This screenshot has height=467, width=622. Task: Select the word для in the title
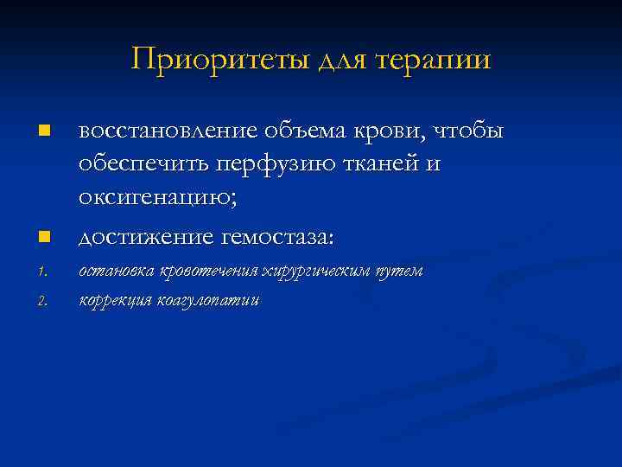346,60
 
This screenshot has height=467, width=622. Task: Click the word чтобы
466,131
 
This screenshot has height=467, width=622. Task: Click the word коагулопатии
208,301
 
